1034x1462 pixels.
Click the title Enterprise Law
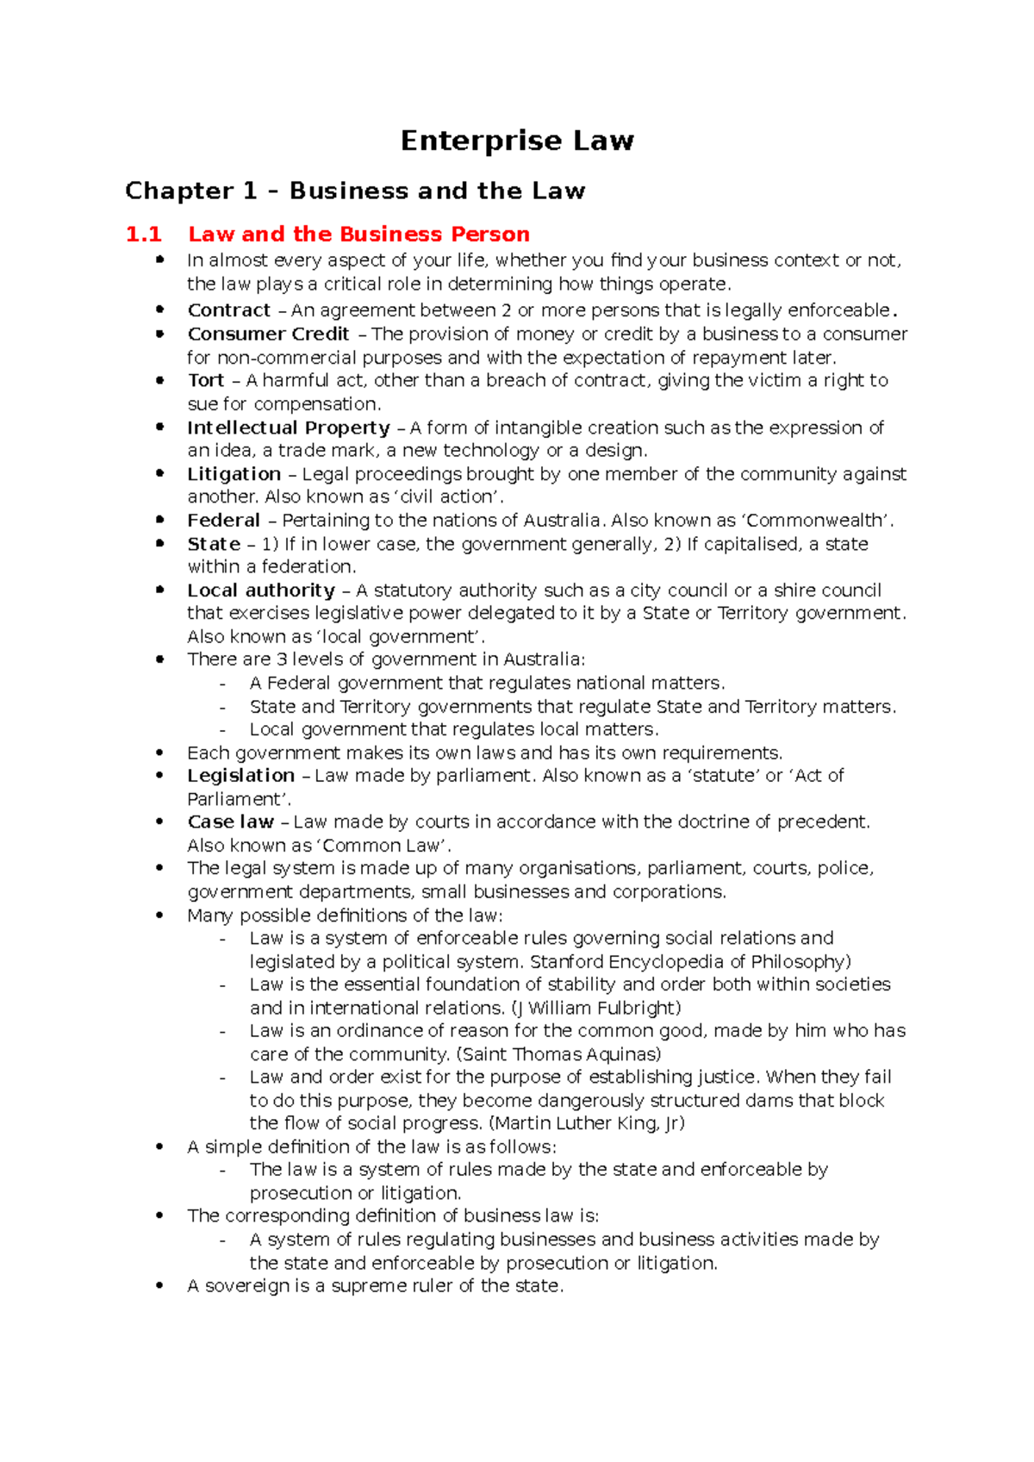[517, 141]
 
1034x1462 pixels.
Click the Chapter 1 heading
[355, 191]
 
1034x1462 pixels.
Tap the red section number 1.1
[143, 234]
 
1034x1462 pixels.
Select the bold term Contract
[229, 310]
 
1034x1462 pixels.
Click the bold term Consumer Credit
[268, 334]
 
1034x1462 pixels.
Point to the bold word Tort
[206, 381]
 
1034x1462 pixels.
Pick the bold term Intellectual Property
[289, 428]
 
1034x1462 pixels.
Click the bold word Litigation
[234, 474]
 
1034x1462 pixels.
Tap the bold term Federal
[223, 521]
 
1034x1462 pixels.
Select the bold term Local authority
[261, 590]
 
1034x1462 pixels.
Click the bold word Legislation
[241, 776]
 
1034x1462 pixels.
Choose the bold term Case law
[231, 822]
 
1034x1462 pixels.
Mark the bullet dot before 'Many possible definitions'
[159, 915]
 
